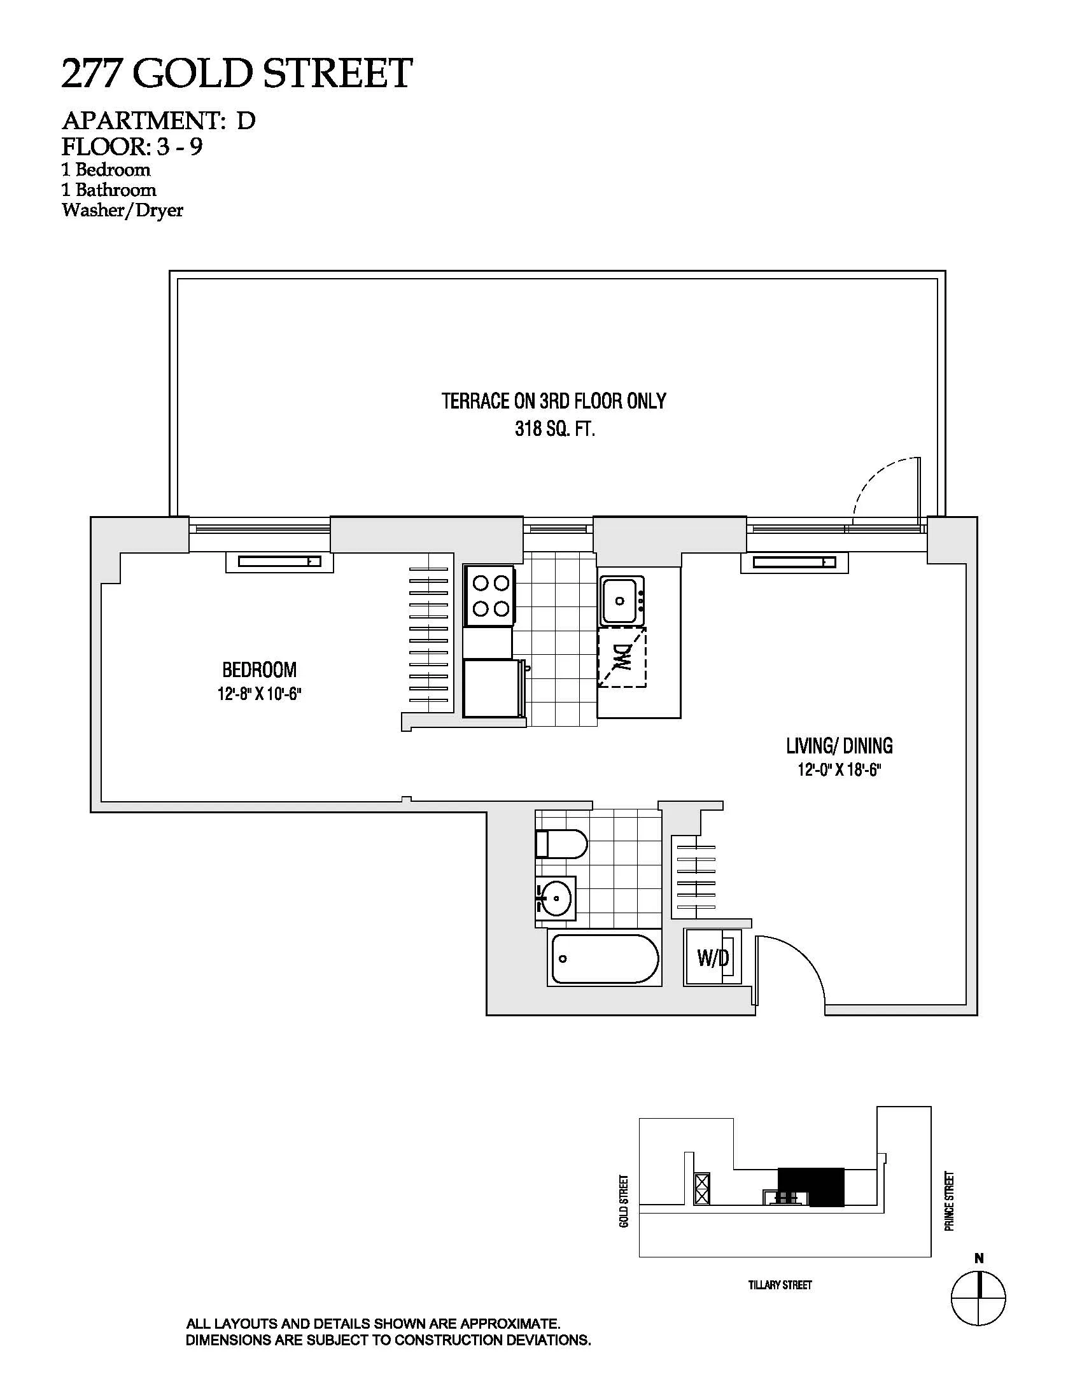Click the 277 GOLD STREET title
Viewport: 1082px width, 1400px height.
coord(237,73)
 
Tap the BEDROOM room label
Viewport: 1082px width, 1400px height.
coord(259,670)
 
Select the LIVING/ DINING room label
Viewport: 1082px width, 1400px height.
coord(839,746)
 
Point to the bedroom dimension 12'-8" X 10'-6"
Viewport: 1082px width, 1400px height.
coord(259,695)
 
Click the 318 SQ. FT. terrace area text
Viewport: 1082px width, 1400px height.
coord(555,430)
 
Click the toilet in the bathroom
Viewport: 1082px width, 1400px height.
coord(561,844)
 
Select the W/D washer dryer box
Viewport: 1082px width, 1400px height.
coord(713,958)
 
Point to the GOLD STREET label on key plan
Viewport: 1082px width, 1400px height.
coord(624,1201)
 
